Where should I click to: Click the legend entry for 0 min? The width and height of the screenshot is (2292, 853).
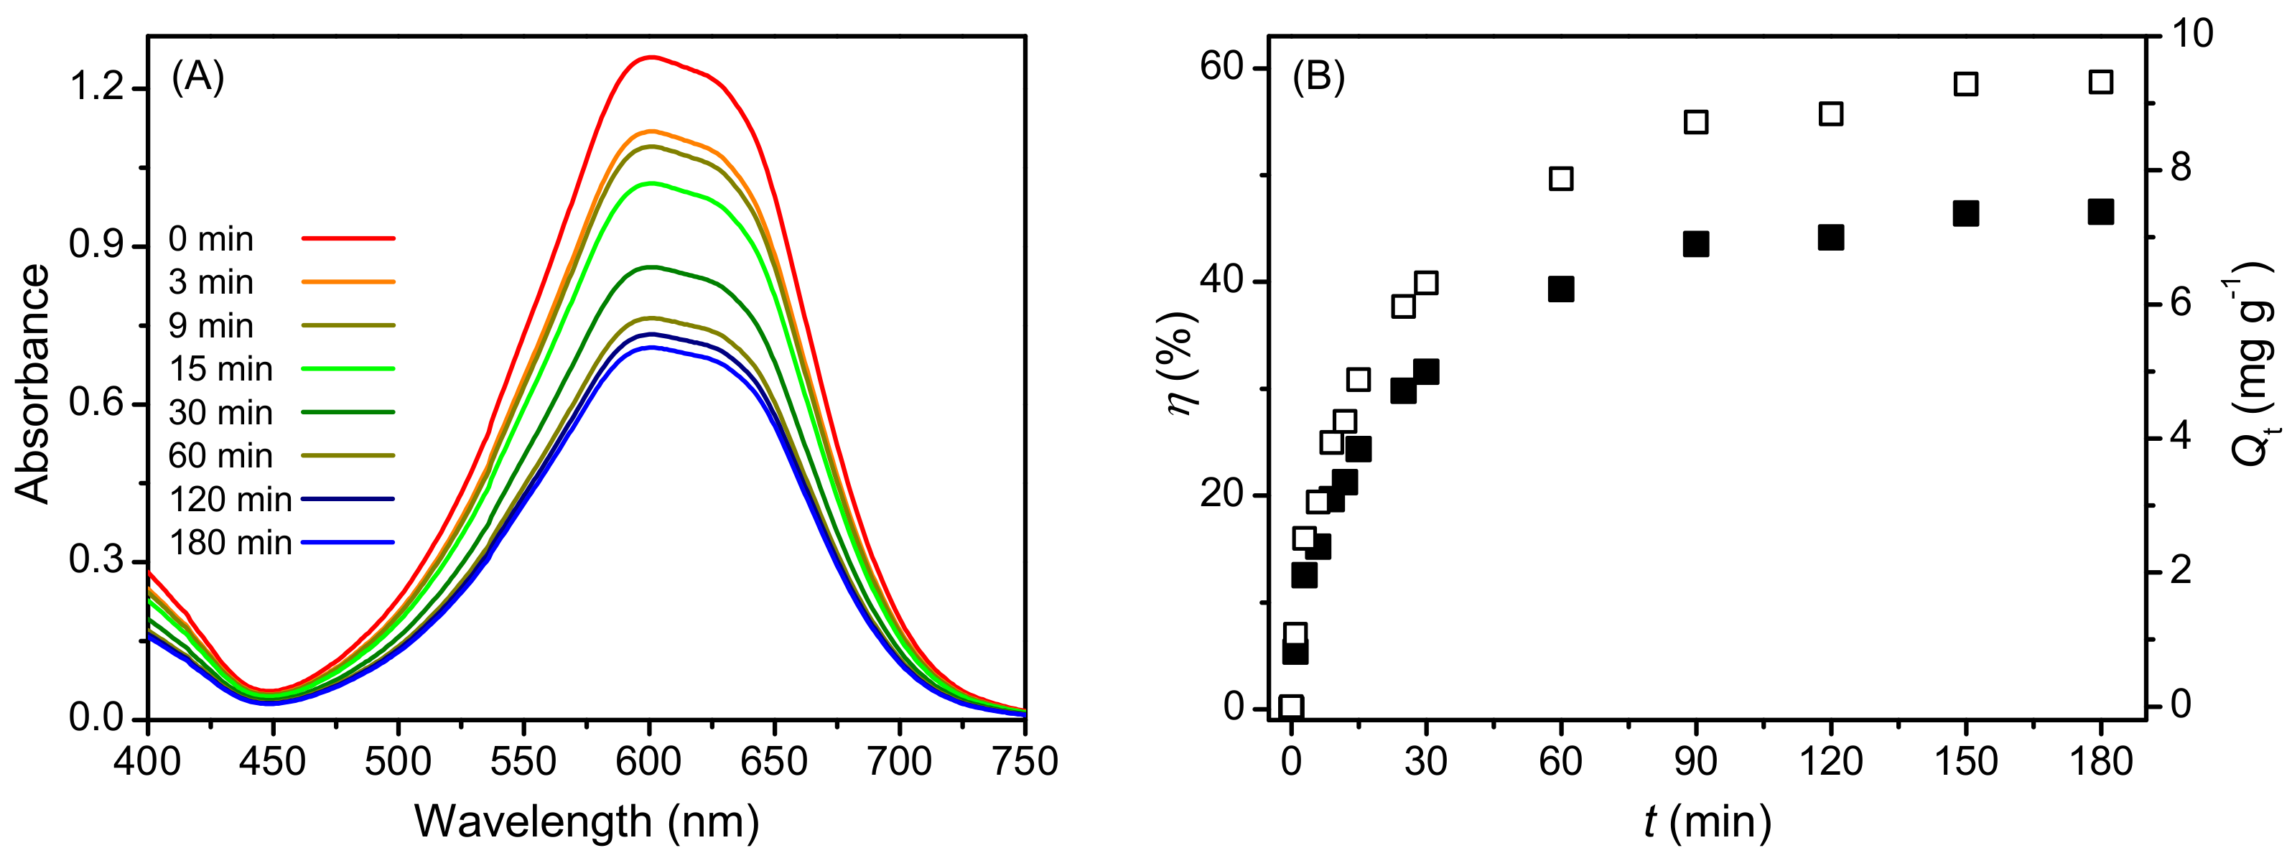pos(211,239)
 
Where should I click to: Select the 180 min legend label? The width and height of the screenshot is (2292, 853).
pos(230,543)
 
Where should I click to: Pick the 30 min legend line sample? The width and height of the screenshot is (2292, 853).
pos(348,413)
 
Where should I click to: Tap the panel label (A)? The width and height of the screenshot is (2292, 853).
pos(197,78)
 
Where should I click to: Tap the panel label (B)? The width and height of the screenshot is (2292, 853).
pos(1318,78)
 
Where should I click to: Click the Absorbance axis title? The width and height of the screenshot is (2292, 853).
pos(33,383)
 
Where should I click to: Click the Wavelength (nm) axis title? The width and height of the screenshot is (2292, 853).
pos(587,820)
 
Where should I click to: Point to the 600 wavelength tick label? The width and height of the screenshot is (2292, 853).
pos(650,761)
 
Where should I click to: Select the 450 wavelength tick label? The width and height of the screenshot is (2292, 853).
pos(273,761)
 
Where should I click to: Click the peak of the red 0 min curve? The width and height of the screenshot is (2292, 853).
pos(651,57)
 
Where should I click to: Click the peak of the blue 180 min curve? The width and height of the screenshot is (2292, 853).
pos(651,347)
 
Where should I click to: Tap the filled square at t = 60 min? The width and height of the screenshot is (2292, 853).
pos(1560,289)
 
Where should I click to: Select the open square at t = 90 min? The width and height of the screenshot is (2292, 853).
pos(1696,122)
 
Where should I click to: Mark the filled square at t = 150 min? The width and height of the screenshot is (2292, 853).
pos(1965,213)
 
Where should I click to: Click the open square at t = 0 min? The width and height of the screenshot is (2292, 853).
pos(1291,707)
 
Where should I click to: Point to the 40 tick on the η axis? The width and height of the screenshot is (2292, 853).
pos(1221,281)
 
